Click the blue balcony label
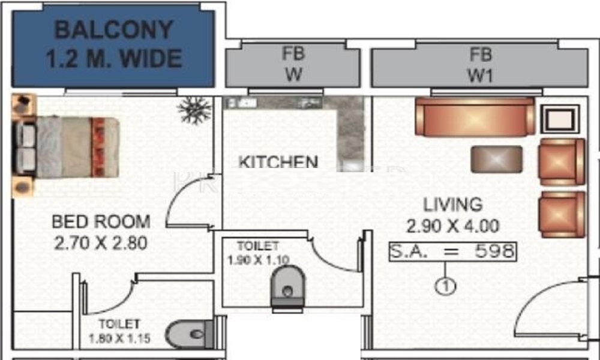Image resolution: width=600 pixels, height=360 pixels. [x=113, y=44]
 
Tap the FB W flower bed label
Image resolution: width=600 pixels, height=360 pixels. [x=293, y=64]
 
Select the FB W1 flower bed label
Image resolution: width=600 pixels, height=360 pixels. [x=480, y=65]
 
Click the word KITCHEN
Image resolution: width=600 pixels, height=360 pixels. [x=278, y=161]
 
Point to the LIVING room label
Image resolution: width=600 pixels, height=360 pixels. [x=452, y=205]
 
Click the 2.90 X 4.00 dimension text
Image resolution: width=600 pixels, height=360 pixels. [x=452, y=226]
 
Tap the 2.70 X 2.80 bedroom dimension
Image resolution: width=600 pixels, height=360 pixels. [x=101, y=243]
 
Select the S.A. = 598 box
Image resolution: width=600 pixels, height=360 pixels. [x=452, y=252]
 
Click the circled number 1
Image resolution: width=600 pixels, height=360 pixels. [x=445, y=286]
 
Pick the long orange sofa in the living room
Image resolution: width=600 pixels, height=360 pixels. [x=475, y=116]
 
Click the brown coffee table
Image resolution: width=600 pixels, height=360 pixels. [x=497, y=159]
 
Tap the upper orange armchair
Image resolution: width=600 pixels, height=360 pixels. [x=562, y=162]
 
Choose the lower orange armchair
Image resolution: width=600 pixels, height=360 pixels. [x=562, y=215]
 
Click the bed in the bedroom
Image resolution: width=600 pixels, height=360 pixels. [x=66, y=147]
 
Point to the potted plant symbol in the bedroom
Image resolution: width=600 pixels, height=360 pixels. [x=194, y=110]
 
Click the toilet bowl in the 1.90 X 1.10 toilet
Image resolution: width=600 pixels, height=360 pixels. [x=288, y=288]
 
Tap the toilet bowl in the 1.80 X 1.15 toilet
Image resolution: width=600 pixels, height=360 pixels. [x=190, y=334]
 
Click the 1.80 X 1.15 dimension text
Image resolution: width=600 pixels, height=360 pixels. [x=119, y=338]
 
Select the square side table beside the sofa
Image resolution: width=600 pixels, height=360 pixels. [x=560, y=119]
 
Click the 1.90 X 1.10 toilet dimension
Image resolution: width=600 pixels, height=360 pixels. [x=258, y=260]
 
